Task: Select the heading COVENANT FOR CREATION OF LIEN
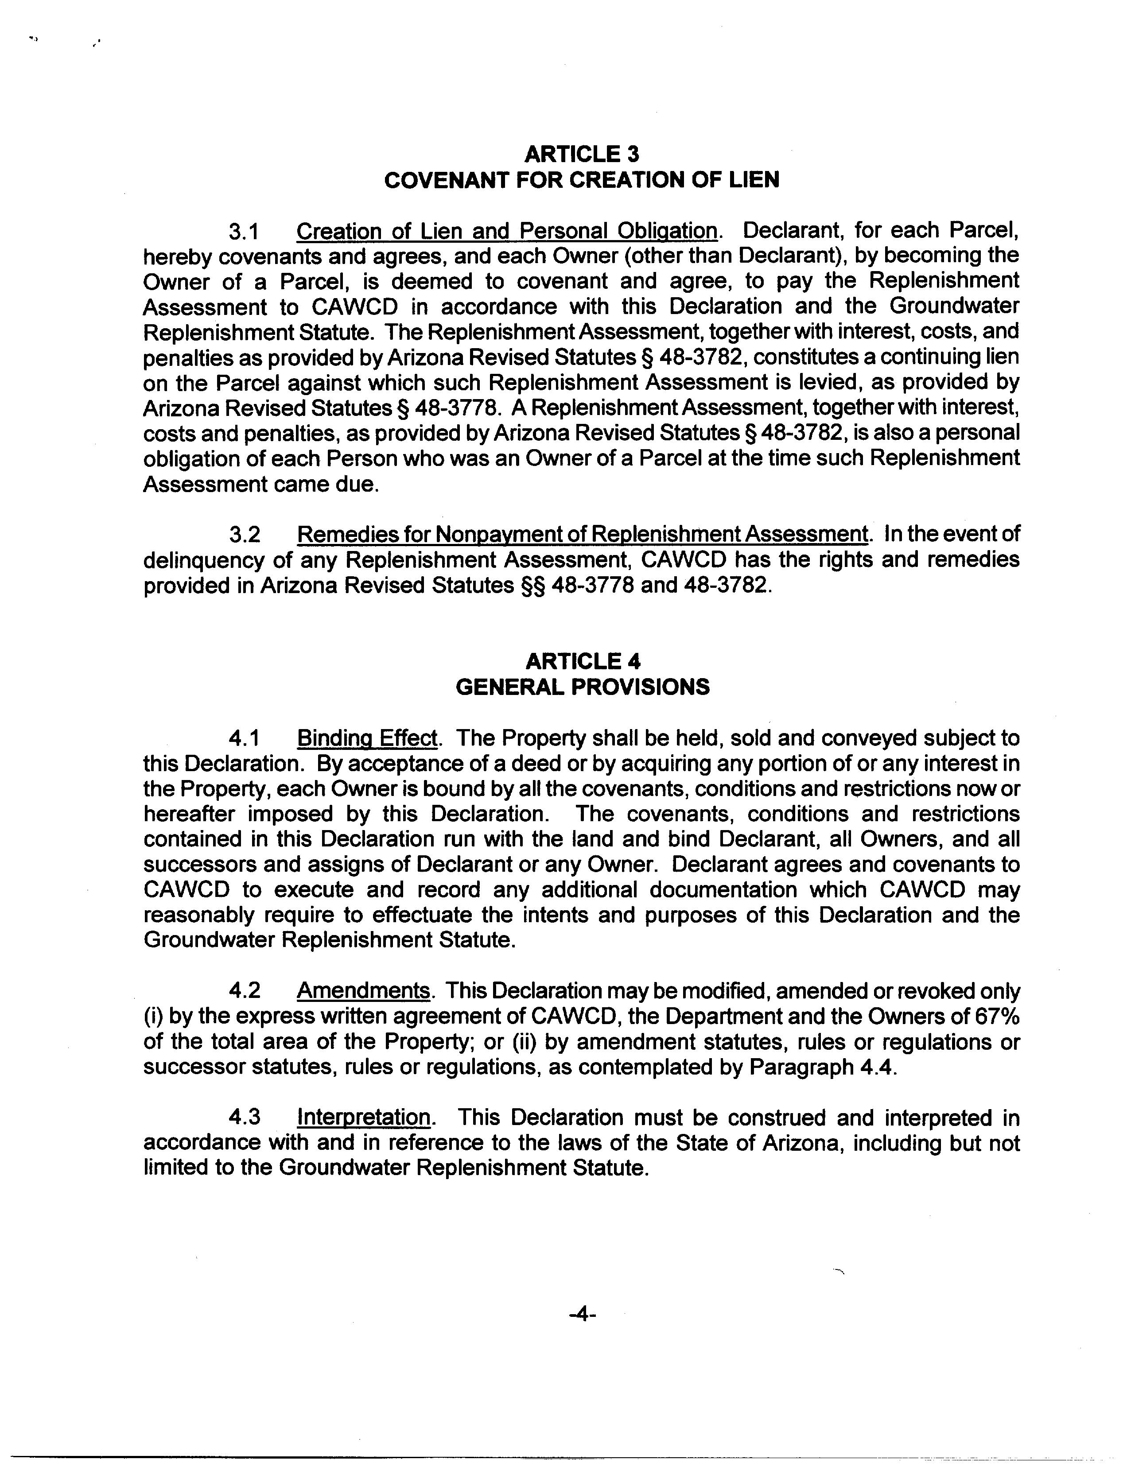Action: point(582,180)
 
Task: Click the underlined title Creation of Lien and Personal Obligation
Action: point(506,231)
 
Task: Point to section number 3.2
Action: point(244,535)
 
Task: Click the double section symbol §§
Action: point(532,586)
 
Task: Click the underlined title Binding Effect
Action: point(367,738)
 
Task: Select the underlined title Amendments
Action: point(362,991)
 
